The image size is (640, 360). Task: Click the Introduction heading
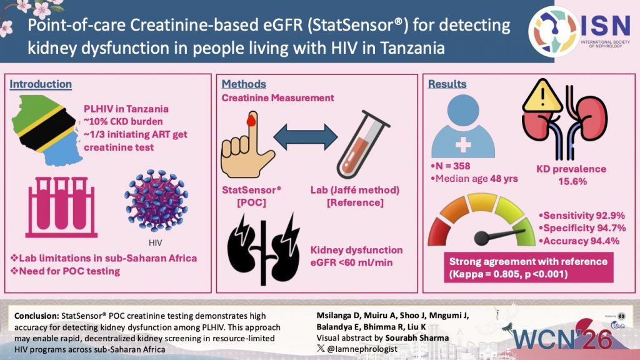click(x=41, y=84)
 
